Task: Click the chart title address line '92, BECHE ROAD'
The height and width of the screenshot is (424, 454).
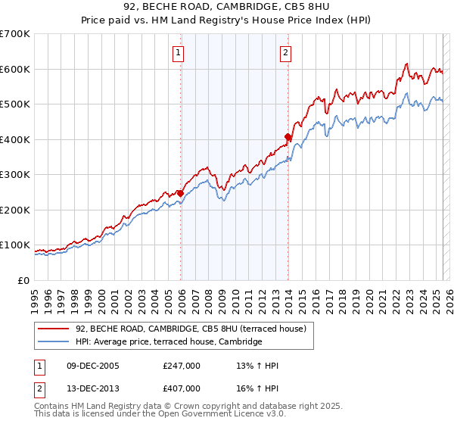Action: click(227, 8)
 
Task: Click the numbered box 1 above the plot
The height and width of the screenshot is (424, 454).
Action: click(178, 52)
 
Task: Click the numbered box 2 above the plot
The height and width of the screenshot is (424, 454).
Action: click(285, 52)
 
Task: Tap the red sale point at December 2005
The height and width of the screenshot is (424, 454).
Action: click(181, 193)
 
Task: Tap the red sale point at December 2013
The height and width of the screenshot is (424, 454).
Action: click(288, 137)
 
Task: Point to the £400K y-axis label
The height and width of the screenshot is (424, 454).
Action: click(15, 139)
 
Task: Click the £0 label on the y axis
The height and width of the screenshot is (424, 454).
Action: click(23, 280)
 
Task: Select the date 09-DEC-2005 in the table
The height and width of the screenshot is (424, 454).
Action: click(88, 366)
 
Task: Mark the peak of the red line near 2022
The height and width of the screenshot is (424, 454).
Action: click(406, 64)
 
